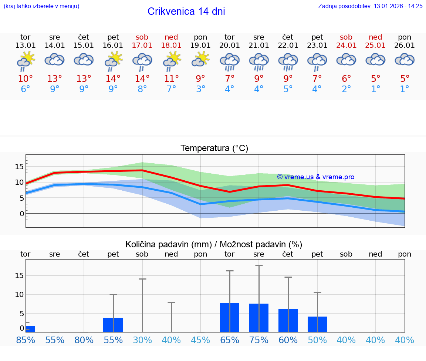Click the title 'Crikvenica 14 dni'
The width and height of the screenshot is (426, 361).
(186, 11)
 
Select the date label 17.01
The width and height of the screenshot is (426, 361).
(142, 46)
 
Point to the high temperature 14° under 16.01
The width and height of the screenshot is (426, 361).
(113, 78)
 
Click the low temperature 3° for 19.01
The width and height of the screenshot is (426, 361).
(200, 89)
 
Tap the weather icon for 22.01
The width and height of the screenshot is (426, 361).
(288, 61)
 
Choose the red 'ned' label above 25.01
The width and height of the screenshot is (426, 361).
(375, 37)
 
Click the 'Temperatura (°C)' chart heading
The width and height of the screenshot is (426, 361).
(214, 148)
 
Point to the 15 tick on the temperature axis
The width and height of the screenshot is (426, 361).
(19, 167)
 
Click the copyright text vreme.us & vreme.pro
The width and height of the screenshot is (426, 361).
(315, 177)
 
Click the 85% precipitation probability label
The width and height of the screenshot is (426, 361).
(26, 340)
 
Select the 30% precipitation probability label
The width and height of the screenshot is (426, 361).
(142, 340)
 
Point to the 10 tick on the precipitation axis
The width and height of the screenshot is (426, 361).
(19, 294)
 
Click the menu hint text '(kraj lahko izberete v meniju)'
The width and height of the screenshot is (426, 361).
(41, 6)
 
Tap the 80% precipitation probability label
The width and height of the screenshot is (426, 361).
(84, 340)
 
